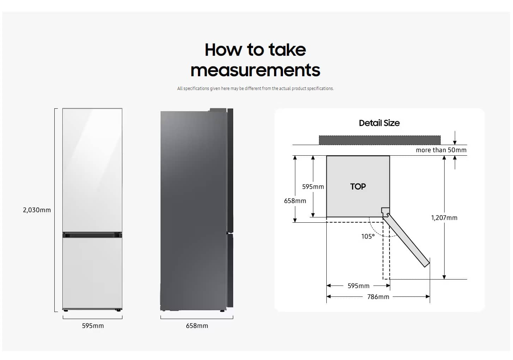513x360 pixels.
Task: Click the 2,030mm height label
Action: pos(37,210)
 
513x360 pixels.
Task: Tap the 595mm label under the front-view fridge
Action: pos(93,326)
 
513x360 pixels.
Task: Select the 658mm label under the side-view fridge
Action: pos(197,326)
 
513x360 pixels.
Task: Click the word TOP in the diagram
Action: pos(358,187)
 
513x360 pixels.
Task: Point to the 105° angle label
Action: pos(368,236)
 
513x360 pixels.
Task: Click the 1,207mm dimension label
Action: pos(444,218)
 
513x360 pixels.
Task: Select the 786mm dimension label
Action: pos(378,297)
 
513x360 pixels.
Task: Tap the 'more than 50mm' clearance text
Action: pos(441,150)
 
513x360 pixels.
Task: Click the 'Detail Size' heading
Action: pos(379,123)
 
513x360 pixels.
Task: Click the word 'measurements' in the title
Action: pos(255,70)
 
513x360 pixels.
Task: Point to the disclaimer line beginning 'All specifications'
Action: pos(255,89)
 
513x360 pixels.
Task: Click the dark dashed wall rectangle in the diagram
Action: pos(380,140)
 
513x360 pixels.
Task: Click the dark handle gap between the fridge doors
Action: pos(92,235)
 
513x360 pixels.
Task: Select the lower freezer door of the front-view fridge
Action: pos(92,273)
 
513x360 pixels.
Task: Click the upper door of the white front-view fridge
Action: pos(92,170)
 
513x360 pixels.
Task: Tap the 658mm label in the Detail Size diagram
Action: pos(295,201)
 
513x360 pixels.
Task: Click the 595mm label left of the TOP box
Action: pos(313,187)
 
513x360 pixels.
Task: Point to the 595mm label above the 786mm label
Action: pos(358,286)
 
